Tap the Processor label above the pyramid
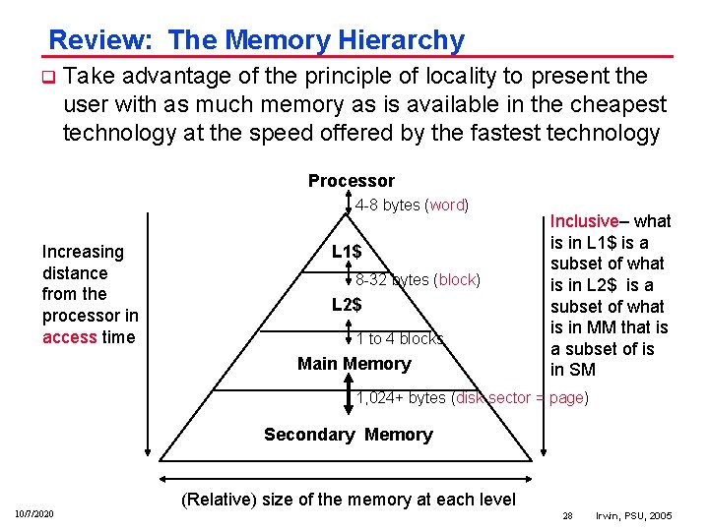(351, 181)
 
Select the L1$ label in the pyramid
(346, 253)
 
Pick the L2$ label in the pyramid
(346, 305)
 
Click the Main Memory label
(354, 364)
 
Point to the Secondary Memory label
(348, 435)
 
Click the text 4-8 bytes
(388, 206)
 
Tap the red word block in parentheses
(457, 280)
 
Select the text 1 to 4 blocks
(399, 339)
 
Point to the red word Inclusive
(584, 221)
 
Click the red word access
(70, 336)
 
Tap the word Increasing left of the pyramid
(83, 252)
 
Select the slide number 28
(567, 515)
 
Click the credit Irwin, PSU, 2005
(635, 515)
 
